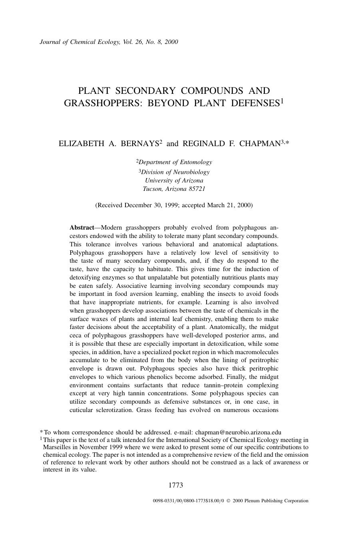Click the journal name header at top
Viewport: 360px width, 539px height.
tap(109, 42)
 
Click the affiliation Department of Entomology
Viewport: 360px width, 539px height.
tap(175, 162)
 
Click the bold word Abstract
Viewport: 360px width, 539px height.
tap(82, 228)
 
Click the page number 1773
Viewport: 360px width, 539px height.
tap(175, 485)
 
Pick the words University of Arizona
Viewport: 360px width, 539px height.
tap(174, 180)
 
